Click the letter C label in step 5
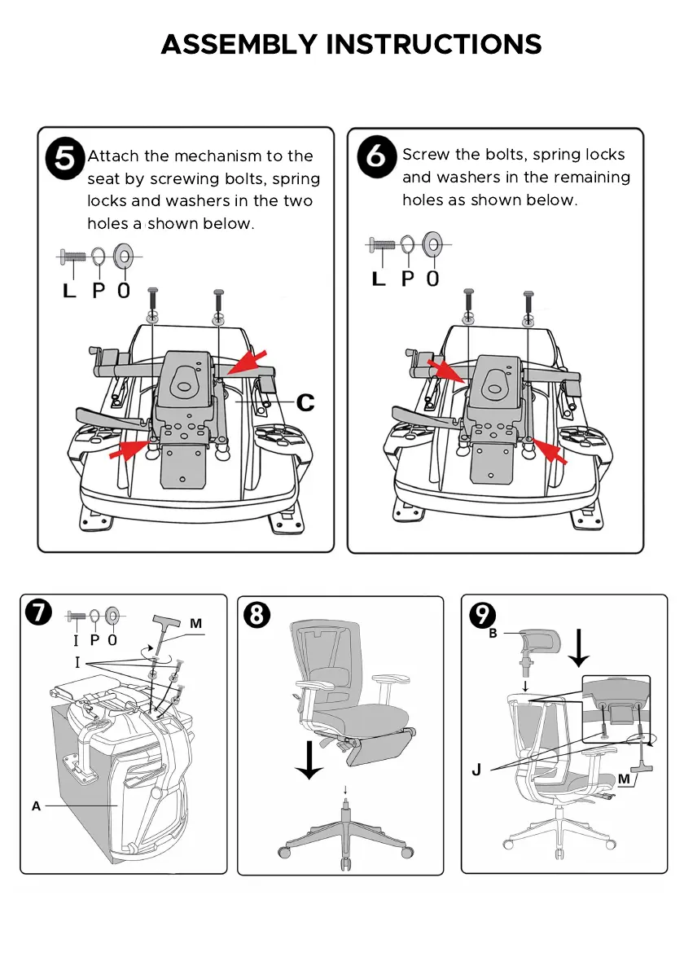tap(305, 402)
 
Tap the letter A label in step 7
tap(36, 806)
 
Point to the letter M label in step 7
tap(195, 624)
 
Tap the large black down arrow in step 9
tap(579, 646)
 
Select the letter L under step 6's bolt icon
tap(379, 279)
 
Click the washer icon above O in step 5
tap(124, 257)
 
